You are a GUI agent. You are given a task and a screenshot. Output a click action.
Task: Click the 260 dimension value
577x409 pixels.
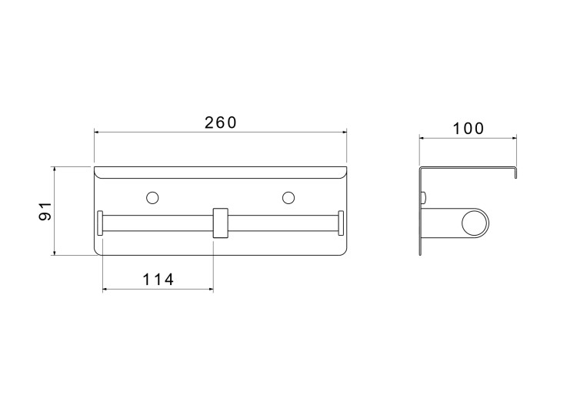[221, 122]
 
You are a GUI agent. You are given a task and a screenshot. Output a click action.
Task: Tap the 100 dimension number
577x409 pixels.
[468, 129]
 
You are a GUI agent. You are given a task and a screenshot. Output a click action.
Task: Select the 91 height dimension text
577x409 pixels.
[45, 211]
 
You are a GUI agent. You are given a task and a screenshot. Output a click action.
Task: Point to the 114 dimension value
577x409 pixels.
[158, 280]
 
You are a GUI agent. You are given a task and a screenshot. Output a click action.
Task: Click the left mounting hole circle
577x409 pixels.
[152, 197]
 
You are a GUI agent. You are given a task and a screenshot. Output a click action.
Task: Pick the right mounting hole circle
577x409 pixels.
[288, 197]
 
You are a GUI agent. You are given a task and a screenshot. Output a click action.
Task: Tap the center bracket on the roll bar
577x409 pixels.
[221, 223]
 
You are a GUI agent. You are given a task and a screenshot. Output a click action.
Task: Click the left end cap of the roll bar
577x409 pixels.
[100, 223]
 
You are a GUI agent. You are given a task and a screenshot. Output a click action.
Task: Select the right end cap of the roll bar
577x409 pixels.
[341, 223]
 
